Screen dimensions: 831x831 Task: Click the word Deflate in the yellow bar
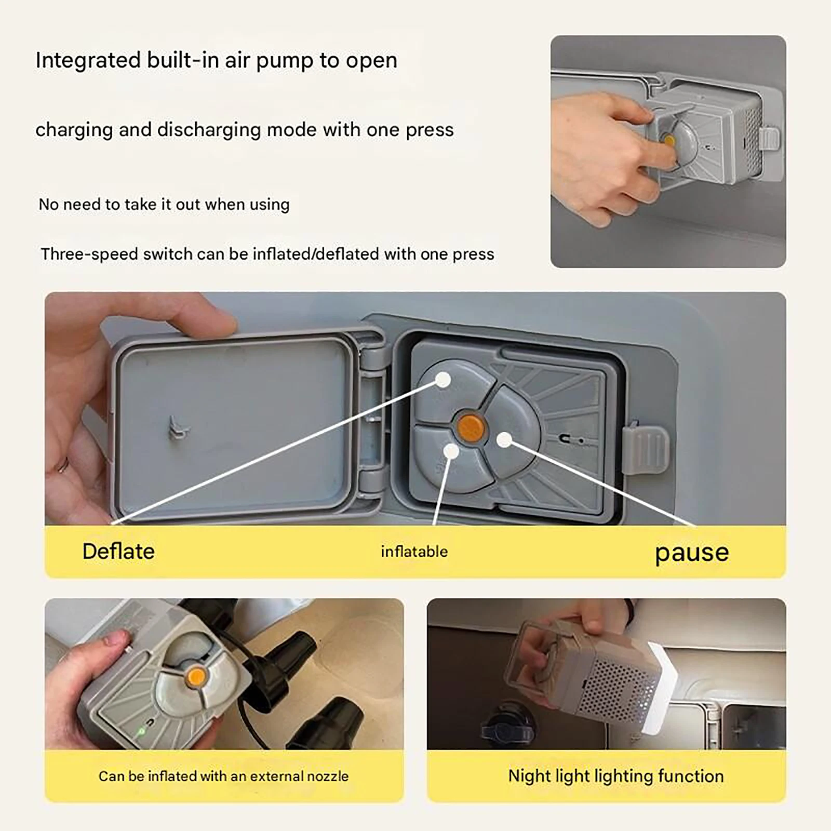118,551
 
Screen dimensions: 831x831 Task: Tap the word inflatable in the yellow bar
414,551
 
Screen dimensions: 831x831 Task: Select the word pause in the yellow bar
692,553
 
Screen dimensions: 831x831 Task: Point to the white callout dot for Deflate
443,380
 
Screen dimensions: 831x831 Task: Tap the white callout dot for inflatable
451,451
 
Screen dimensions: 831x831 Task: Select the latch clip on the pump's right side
645,450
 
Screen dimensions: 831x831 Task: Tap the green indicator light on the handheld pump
140,732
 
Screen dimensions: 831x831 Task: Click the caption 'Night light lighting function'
616,776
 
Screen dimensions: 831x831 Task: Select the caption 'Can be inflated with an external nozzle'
223,776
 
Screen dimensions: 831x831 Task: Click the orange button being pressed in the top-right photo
669,141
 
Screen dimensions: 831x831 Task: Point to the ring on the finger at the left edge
63,464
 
